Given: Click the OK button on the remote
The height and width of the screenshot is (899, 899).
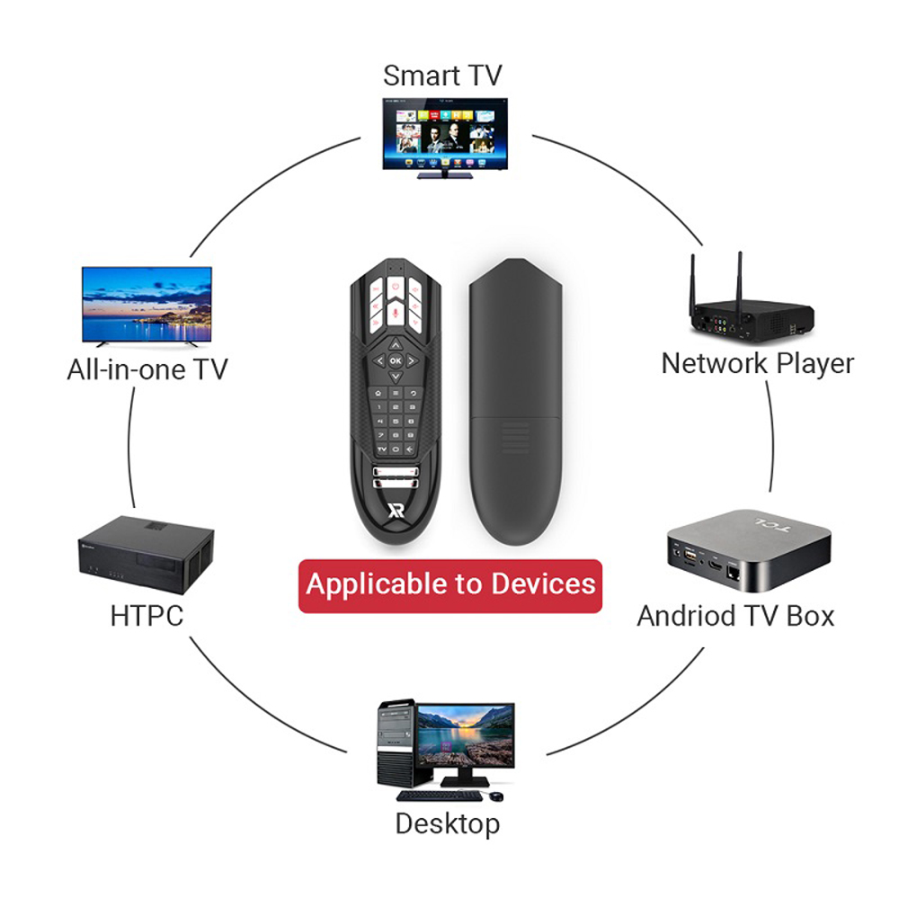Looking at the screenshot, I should [x=396, y=360].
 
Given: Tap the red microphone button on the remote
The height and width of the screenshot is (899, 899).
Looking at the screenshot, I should [x=396, y=312].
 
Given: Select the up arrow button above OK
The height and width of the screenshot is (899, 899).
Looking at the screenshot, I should [x=396, y=343].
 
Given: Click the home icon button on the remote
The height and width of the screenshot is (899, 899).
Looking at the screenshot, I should [x=381, y=393].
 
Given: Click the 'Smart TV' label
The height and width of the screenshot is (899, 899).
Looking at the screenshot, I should [x=442, y=76].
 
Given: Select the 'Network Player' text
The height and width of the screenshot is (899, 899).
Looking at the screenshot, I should [x=757, y=363].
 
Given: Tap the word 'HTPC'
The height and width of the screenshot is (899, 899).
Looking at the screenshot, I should [x=147, y=616].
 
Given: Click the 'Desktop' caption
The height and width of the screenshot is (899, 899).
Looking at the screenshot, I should [x=447, y=823].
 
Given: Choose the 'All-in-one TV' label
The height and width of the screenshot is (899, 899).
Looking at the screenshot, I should [x=147, y=369].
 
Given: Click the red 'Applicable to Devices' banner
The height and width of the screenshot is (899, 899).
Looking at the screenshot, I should [x=450, y=584].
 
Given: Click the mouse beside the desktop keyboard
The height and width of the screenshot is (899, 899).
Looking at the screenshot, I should [x=496, y=796].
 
